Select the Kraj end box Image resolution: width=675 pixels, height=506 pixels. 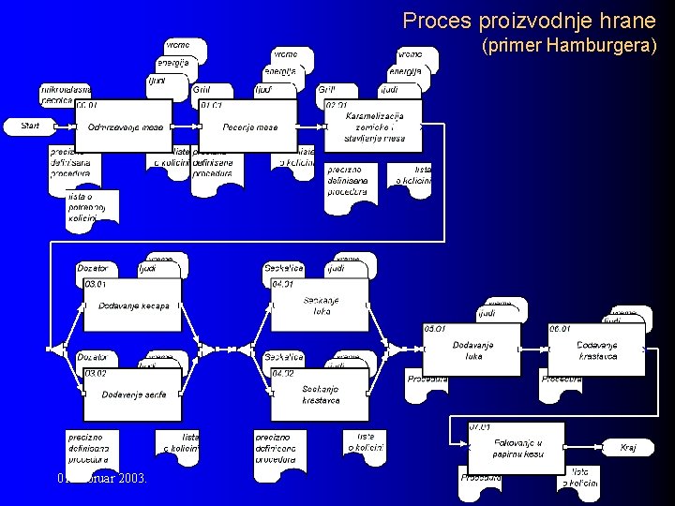[x=628, y=448]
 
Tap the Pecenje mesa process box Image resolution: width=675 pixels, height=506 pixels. [x=248, y=127]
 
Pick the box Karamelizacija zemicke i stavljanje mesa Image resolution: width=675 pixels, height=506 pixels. [x=374, y=127]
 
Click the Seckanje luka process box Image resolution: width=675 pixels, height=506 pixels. [x=321, y=306]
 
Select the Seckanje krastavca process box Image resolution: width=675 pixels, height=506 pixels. [x=321, y=394]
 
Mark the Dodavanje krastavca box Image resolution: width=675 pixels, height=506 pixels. [x=596, y=350]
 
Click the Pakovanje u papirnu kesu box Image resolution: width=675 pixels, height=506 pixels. [x=517, y=448]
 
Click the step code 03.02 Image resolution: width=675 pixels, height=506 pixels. [x=97, y=373]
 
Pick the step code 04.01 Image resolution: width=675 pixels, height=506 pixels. [x=283, y=284]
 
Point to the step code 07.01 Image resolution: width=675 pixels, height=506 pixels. [x=481, y=427]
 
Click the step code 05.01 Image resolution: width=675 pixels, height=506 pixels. [x=436, y=329]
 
